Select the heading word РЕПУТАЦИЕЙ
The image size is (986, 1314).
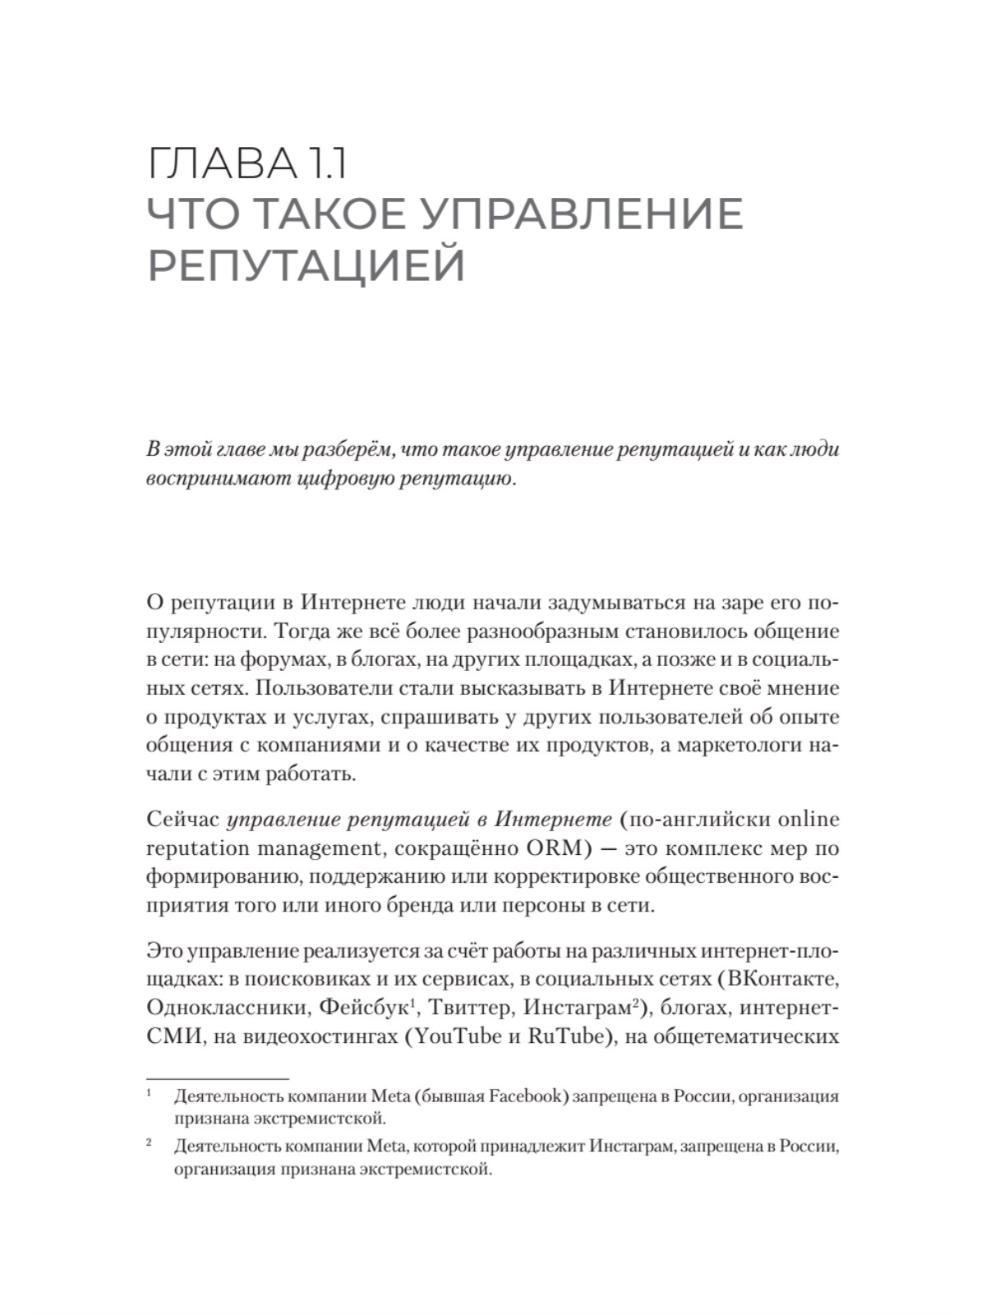pos(306,265)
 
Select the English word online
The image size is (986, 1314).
pos(808,819)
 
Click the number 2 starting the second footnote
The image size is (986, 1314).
pos(150,1142)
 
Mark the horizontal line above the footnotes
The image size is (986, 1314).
pos(218,1078)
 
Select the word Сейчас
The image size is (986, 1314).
pos(182,819)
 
